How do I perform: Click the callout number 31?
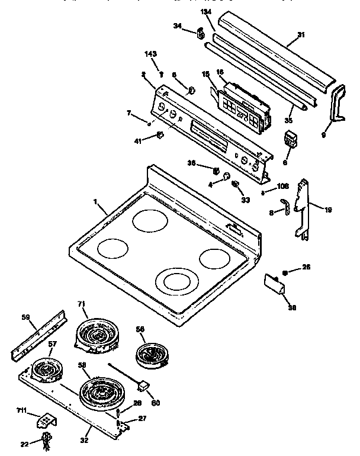click(301, 35)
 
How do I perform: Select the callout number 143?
click(151, 54)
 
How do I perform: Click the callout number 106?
click(282, 186)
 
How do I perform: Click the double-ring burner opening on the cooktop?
click(176, 280)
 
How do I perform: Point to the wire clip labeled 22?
click(46, 440)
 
